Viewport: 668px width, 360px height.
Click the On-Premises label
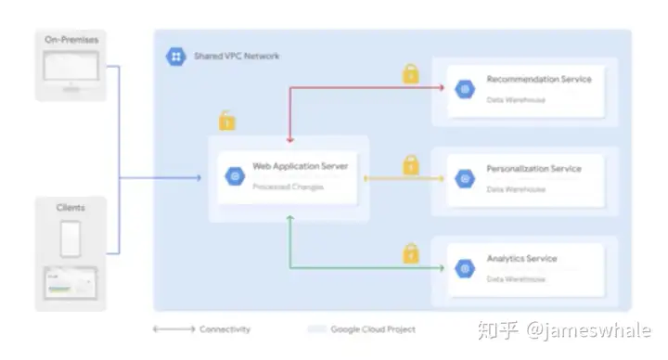point(70,39)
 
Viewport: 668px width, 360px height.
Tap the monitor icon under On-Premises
point(71,70)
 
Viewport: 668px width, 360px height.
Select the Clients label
point(71,208)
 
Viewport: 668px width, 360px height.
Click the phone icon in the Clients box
point(71,239)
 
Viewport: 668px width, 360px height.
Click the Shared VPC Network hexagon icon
point(175,57)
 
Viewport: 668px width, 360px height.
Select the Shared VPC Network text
point(237,57)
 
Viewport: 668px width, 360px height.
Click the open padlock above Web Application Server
point(225,121)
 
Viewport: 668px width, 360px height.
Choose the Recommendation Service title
point(538,80)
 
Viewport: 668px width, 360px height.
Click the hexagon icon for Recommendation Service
point(465,89)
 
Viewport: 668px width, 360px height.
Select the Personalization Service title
point(533,169)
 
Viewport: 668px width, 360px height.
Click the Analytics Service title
point(521,259)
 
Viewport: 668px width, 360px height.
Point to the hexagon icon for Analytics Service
point(465,269)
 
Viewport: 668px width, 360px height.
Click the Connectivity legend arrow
point(173,329)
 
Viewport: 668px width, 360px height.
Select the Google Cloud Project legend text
point(374,329)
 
